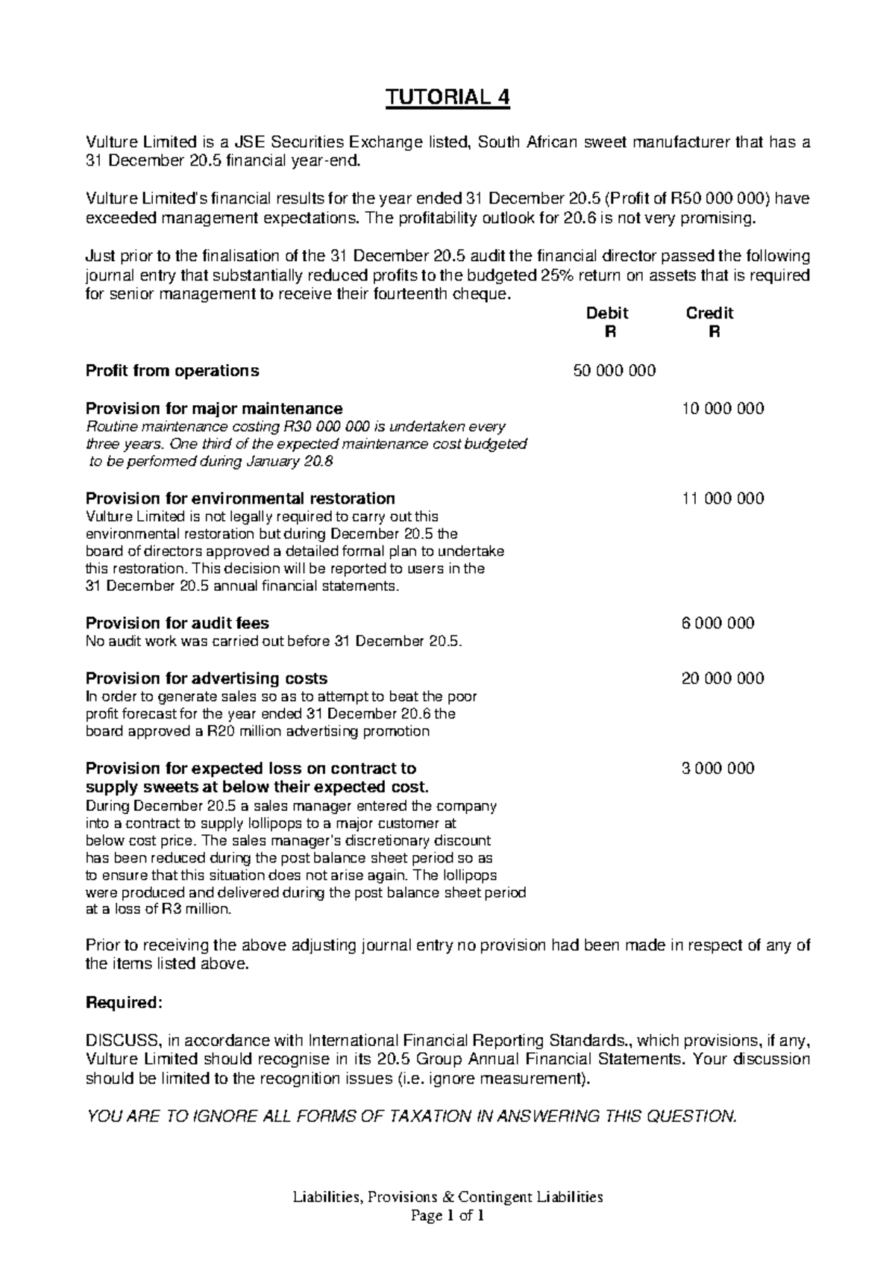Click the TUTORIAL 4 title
click(x=447, y=98)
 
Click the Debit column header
click(x=608, y=313)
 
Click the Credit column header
click(x=709, y=313)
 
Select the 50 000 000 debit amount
click(x=614, y=371)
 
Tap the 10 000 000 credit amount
click(x=723, y=409)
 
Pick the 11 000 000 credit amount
click(x=723, y=498)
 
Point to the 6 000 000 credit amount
click(x=717, y=623)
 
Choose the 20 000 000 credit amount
click(x=723, y=678)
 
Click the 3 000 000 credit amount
click(x=717, y=769)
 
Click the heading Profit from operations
click(x=172, y=371)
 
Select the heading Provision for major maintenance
click(x=214, y=409)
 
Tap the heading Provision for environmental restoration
click(x=240, y=498)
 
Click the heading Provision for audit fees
click(x=178, y=623)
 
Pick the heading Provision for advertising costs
click(x=207, y=678)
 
